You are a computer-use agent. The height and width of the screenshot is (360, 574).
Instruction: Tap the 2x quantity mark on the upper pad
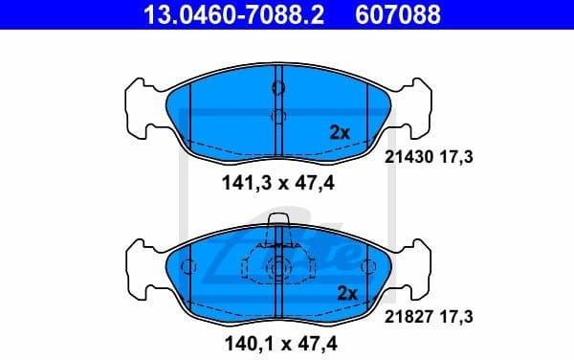point(340,133)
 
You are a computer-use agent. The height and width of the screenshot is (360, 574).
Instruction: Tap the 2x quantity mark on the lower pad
point(346,293)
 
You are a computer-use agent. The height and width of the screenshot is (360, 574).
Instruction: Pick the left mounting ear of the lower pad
point(139,267)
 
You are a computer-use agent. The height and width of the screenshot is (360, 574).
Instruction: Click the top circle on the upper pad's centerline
point(278,88)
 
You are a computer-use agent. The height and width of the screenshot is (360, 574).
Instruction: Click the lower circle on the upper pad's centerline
point(278,119)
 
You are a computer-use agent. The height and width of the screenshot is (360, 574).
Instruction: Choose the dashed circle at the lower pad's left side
point(188,267)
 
